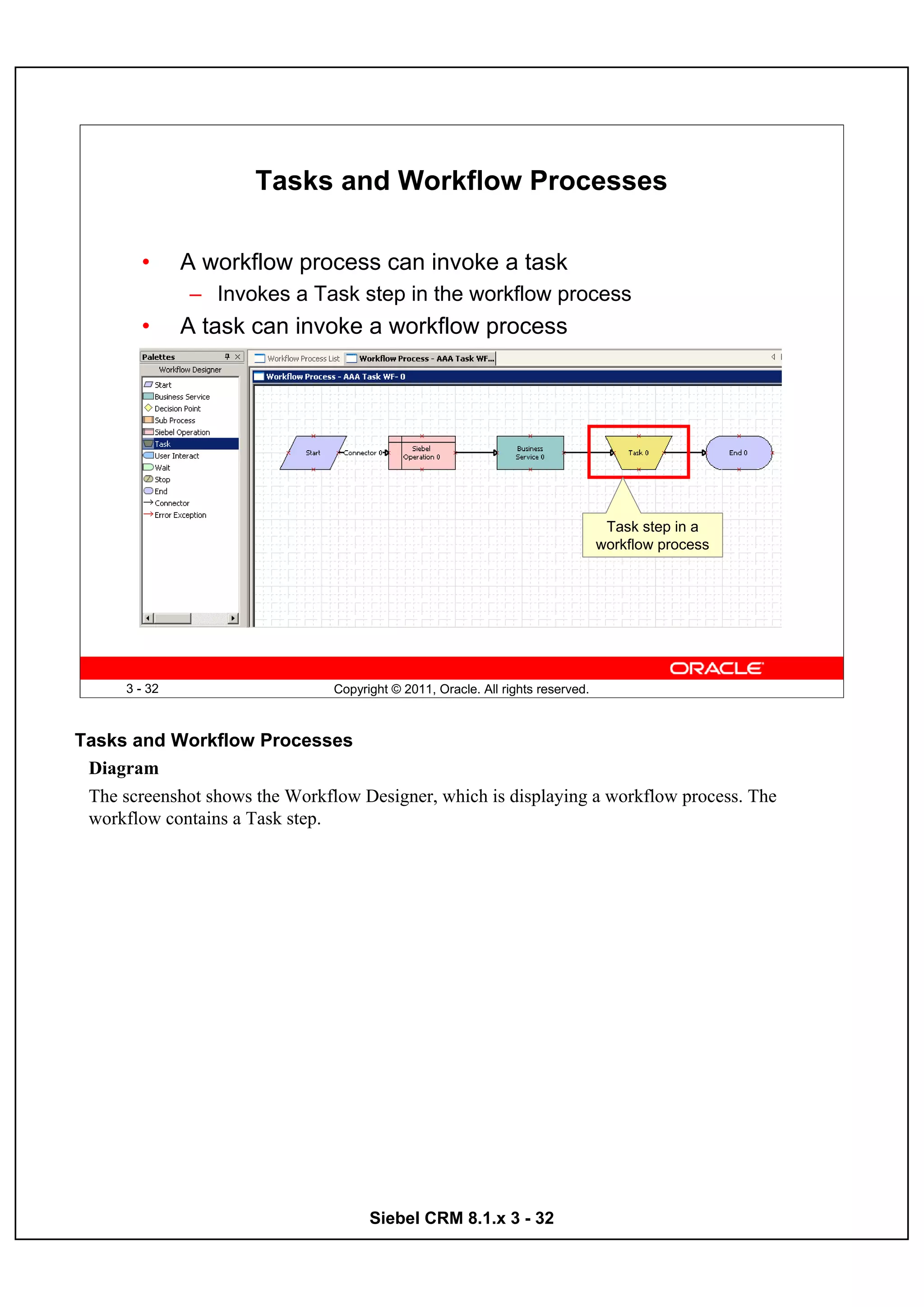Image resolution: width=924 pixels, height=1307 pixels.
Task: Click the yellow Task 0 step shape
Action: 638,453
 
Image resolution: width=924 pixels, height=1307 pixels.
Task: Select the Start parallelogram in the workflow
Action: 313,453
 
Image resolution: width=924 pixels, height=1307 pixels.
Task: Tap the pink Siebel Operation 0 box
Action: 422,453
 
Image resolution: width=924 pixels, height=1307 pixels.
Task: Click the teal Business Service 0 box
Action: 530,453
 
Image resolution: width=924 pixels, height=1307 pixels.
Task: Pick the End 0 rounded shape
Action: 739,453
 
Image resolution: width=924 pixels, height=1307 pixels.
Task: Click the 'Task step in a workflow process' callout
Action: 652,535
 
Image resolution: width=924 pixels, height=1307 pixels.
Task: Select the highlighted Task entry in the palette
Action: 163,444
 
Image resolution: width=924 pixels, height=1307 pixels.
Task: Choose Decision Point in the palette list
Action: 177,409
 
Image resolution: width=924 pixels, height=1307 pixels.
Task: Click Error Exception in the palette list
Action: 180,515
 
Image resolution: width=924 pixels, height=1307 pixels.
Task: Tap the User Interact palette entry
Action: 176,456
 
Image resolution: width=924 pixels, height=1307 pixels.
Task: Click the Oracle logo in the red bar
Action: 716,668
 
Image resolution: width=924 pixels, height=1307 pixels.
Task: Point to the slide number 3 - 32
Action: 142,689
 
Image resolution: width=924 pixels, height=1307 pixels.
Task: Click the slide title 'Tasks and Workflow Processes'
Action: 461,180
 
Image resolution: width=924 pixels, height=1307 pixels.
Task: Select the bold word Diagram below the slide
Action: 124,768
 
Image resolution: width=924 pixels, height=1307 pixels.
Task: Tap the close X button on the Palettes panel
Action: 238,357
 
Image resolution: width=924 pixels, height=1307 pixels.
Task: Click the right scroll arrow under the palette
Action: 232,618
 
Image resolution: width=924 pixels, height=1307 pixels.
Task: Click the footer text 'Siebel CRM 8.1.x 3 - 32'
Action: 461,1218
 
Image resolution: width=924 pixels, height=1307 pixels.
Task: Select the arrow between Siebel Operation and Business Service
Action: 476,453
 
